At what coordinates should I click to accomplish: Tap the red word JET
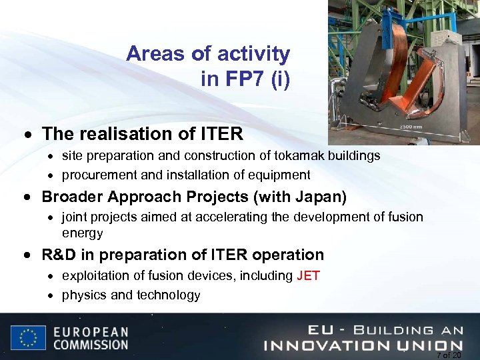308,276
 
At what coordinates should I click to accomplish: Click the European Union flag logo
28,337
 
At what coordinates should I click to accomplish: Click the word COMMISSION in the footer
91,345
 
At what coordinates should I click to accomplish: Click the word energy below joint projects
82,234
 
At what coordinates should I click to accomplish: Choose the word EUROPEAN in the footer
91,331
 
